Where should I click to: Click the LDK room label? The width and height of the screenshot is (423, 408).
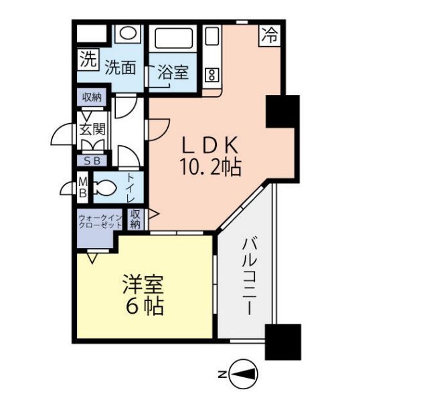(x=209, y=145)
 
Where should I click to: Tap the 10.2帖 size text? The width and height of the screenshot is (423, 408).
(x=209, y=167)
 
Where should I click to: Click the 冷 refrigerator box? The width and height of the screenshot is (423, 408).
(x=270, y=35)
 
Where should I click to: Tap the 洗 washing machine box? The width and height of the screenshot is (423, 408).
(x=88, y=61)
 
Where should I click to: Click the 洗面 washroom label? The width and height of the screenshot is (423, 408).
(x=121, y=68)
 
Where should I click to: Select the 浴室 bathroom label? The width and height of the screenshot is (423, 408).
(x=172, y=72)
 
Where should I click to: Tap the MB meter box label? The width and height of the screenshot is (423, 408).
(x=82, y=187)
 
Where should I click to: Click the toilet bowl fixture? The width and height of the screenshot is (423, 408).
(x=105, y=187)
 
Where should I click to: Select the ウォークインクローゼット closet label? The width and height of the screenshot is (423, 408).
(x=100, y=221)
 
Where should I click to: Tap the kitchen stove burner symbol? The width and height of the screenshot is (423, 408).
(x=212, y=74)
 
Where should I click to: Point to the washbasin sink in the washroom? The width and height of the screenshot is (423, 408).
(x=127, y=33)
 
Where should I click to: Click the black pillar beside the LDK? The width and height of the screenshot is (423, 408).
(x=282, y=112)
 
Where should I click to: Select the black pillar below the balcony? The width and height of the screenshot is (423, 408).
(x=282, y=342)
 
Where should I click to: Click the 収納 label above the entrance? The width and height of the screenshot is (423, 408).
(x=92, y=98)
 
